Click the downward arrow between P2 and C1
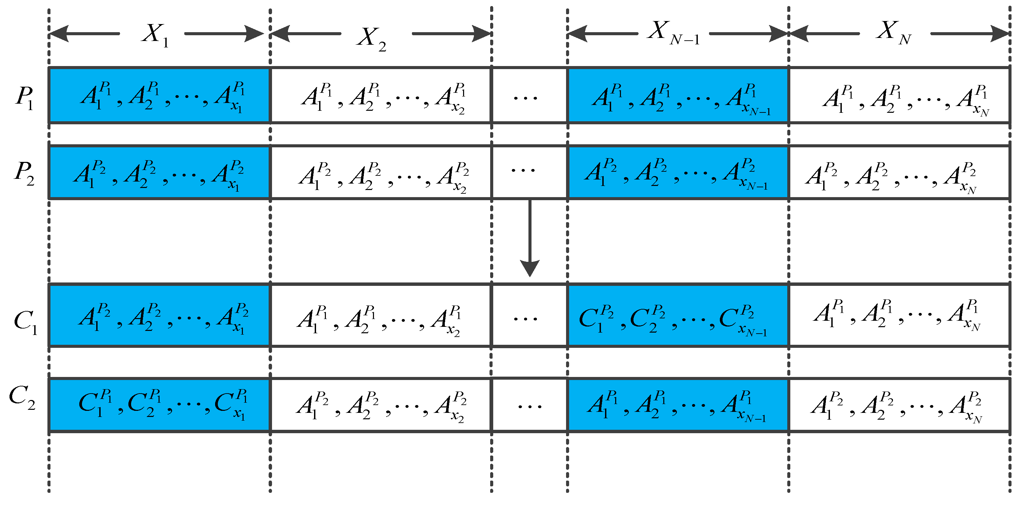point(529,238)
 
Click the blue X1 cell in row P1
point(159,96)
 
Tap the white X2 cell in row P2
point(380,173)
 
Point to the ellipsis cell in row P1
point(529,96)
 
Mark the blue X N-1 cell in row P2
point(678,173)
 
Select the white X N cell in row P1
point(899,96)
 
